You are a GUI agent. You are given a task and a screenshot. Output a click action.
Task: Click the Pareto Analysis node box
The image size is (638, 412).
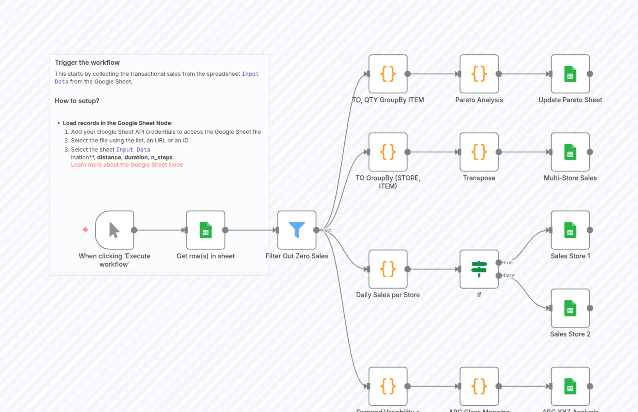(479, 74)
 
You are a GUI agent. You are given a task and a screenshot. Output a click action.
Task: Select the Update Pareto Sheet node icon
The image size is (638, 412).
(570, 74)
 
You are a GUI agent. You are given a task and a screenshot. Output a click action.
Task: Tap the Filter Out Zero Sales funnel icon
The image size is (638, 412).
(297, 230)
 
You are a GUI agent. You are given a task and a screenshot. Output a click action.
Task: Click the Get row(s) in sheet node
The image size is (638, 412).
(206, 230)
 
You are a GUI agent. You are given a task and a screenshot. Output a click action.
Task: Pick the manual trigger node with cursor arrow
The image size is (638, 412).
(115, 230)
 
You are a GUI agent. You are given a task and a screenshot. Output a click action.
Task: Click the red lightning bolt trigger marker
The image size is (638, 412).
(85, 230)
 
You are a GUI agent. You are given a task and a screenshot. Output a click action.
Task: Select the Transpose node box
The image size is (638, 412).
(479, 152)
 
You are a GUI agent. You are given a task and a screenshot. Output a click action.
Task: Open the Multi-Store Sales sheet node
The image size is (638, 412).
(570, 152)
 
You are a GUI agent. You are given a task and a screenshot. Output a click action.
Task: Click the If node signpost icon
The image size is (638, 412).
(479, 269)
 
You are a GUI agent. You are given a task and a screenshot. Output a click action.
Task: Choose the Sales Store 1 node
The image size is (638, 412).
(570, 230)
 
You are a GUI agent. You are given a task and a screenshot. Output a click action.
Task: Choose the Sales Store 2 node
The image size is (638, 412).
(570, 308)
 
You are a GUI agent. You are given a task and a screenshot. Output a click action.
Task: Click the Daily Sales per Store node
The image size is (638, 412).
(388, 269)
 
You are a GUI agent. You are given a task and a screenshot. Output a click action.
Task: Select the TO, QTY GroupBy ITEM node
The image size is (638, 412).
(388, 74)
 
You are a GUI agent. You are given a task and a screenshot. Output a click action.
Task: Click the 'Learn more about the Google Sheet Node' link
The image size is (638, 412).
(127, 165)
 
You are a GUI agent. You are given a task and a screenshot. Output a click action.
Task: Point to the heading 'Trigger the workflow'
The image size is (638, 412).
(87, 63)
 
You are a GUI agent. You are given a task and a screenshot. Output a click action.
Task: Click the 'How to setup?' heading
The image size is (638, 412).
(77, 101)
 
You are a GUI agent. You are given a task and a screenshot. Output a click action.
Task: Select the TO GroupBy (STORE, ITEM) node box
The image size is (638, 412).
(388, 152)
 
